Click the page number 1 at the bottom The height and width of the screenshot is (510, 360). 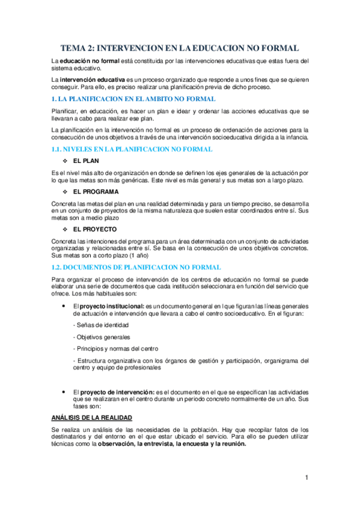(307, 478)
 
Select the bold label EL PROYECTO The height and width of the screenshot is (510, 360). (95, 229)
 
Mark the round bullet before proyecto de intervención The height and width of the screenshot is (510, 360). (65, 391)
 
